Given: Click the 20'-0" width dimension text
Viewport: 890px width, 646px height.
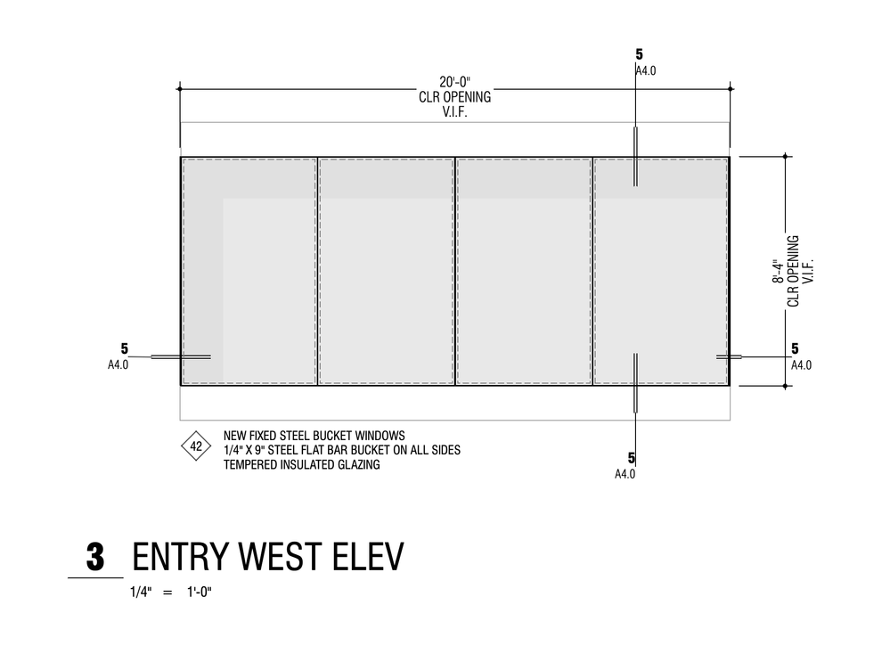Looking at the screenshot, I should coord(454,84).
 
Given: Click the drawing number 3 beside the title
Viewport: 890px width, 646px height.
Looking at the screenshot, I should coord(95,558).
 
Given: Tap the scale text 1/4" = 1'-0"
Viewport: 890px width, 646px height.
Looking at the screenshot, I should coord(173,592).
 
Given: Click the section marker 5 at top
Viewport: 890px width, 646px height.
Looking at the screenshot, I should coord(639,54).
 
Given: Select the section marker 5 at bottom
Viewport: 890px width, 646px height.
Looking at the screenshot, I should coord(631,458).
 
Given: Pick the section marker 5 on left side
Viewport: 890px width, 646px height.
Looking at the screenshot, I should coord(125,348).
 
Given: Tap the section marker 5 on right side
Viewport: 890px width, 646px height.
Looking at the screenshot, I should coord(795,348).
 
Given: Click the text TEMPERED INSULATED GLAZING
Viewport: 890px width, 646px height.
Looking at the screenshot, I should coord(301,464).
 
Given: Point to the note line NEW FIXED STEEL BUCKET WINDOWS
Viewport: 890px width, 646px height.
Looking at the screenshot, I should coord(314,436).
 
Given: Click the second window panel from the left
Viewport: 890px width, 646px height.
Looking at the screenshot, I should coord(386,272).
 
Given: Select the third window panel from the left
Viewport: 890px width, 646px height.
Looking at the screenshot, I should coord(524,272).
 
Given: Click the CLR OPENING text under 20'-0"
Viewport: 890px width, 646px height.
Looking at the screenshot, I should coord(454,97).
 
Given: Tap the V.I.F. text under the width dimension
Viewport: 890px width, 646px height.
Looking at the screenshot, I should coord(454,110).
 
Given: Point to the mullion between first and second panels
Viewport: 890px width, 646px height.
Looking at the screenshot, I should coord(317,272).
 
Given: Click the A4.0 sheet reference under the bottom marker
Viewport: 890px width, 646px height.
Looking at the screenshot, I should coord(625,474).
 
